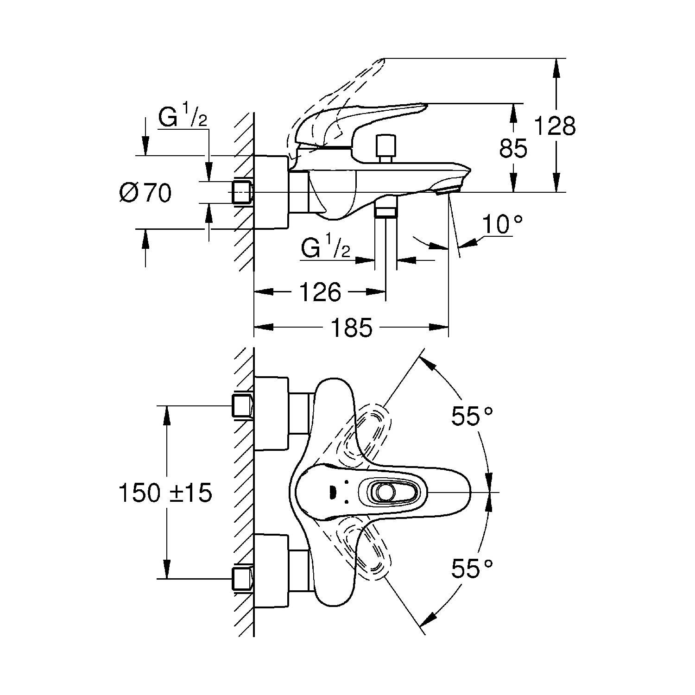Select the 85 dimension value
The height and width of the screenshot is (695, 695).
pyautogui.click(x=513, y=148)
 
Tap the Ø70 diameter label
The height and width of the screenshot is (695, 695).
pyautogui.click(x=145, y=193)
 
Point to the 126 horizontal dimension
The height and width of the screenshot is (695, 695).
pyautogui.click(x=320, y=292)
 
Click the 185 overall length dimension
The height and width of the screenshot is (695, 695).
pyautogui.click(x=351, y=328)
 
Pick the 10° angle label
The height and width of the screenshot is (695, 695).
pyautogui.click(x=503, y=225)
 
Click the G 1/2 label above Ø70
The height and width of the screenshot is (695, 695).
pyautogui.click(x=182, y=117)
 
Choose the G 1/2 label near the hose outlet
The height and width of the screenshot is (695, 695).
pyautogui.click(x=325, y=249)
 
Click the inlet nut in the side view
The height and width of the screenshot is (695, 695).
pyautogui.click(x=242, y=192)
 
